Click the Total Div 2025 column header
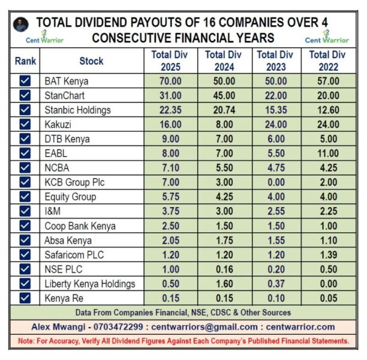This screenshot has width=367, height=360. (x=170, y=61)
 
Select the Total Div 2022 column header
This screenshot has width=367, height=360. (x=327, y=61)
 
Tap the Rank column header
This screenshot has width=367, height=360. (x=25, y=61)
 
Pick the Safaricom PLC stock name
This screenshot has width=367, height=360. (x=74, y=255)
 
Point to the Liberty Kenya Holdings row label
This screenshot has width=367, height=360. (x=89, y=284)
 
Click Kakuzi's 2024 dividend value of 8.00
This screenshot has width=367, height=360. (x=223, y=124)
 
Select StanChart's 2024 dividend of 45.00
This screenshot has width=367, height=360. (x=223, y=95)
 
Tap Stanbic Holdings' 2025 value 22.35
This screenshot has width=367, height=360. (x=170, y=110)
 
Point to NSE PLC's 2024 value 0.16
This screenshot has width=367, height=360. (x=223, y=269)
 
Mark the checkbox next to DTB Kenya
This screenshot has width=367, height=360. (x=25, y=139)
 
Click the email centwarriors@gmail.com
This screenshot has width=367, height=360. (x=207, y=327)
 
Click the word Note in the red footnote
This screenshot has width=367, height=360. (x=26, y=341)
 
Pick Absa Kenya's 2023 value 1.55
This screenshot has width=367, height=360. (x=275, y=241)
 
